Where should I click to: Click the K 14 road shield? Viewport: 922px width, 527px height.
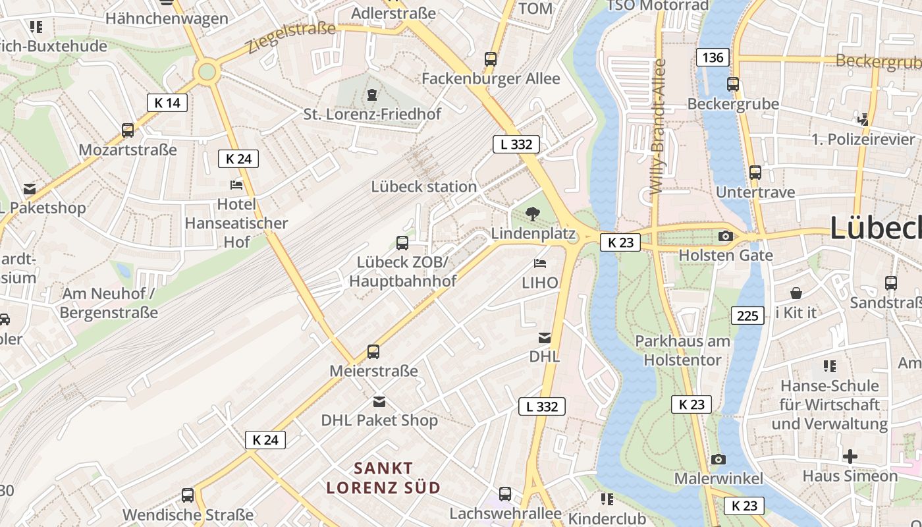(x=167, y=102)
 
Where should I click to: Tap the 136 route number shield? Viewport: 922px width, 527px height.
(x=713, y=57)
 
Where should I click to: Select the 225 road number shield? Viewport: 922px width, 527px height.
(x=747, y=316)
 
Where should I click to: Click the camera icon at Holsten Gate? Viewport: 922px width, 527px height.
(x=725, y=236)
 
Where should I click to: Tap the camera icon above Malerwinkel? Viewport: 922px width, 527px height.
(x=719, y=459)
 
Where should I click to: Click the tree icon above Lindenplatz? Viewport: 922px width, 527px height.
(x=533, y=213)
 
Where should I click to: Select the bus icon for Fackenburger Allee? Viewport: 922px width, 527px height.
(x=491, y=59)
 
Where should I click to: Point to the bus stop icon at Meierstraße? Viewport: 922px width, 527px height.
(x=373, y=352)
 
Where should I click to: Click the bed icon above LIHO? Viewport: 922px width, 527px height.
(x=539, y=263)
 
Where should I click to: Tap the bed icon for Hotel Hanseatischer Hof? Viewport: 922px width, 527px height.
(x=236, y=185)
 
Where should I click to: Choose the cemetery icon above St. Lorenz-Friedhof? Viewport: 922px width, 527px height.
(x=372, y=95)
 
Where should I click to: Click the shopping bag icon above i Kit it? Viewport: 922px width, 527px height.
(x=796, y=292)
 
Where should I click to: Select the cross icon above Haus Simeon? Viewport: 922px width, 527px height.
(x=850, y=456)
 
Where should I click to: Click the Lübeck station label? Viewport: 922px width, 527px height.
(x=423, y=186)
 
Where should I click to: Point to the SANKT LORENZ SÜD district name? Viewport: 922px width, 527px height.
(x=384, y=478)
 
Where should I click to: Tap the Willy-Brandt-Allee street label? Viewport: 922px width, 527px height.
(x=658, y=126)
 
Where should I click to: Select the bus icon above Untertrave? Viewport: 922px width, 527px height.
(x=755, y=173)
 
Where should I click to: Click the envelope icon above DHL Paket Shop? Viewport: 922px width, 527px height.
(x=379, y=401)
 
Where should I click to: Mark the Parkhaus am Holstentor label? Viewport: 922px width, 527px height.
(x=682, y=350)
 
